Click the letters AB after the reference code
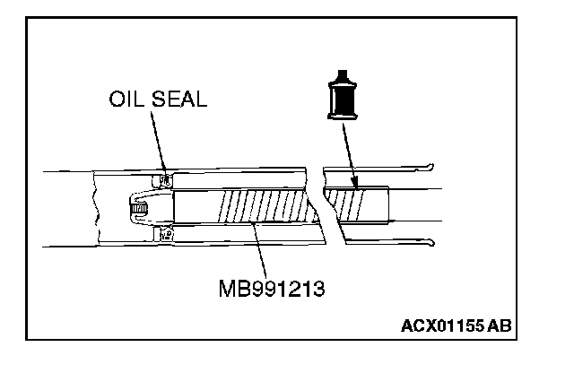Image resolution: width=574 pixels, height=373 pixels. tap(500, 325)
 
